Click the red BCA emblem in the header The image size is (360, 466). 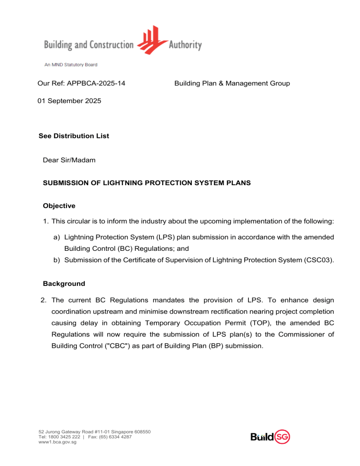tap(151, 40)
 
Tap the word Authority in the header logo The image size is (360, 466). tap(185, 45)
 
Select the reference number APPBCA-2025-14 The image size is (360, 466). tap(97, 83)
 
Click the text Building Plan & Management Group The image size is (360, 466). tap(232, 83)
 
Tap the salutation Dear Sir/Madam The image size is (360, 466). tap(68, 160)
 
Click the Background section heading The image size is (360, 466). tap(64, 284)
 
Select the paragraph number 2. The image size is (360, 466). tap(45, 300)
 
